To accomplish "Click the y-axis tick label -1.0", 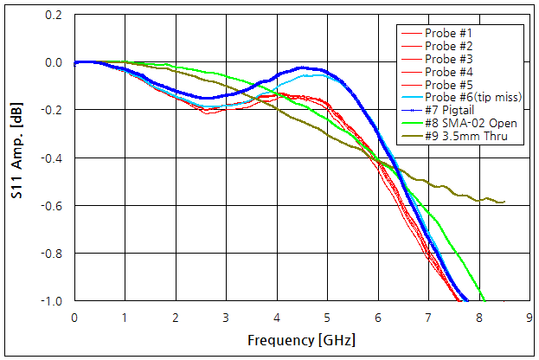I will (x=51, y=301).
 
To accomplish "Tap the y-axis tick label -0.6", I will (x=51, y=206).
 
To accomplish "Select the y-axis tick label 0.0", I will (x=53, y=63).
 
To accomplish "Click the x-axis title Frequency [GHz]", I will (x=301, y=340).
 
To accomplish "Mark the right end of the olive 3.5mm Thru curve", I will (x=504, y=202).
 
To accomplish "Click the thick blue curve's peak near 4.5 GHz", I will (x=302, y=67).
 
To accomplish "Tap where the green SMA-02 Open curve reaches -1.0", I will (x=484, y=300).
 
